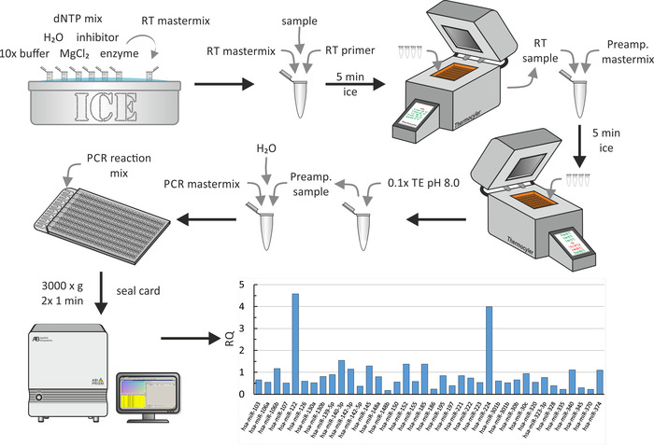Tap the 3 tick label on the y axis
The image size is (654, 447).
pos(241,328)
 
